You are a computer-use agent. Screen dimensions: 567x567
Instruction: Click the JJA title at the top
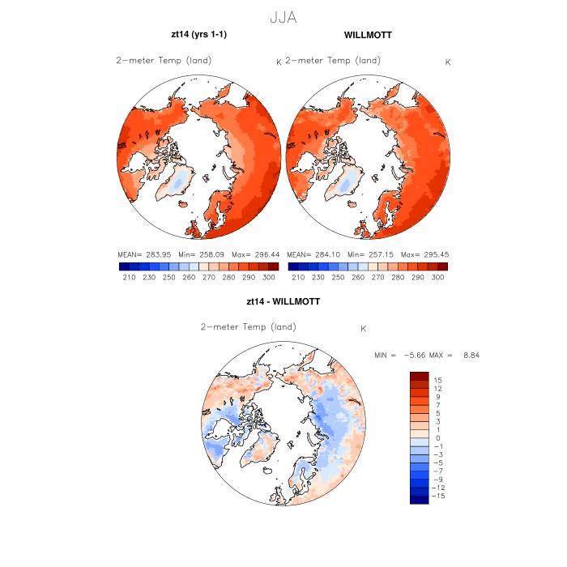[x=283, y=15]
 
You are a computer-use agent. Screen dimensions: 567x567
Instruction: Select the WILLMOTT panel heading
[x=368, y=36]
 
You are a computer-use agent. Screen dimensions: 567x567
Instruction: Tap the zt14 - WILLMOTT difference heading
[x=283, y=301]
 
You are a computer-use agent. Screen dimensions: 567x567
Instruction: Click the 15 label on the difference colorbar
[x=437, y=380]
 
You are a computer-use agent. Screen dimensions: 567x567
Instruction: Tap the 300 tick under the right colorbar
[x=437, y=277]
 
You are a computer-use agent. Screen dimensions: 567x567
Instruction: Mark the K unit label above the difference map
[x=364, y=329]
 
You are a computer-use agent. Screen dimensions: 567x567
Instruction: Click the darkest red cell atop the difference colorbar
[x=419, y=376]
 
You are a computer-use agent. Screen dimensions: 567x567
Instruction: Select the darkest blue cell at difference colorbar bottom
[x=419, y=499]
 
